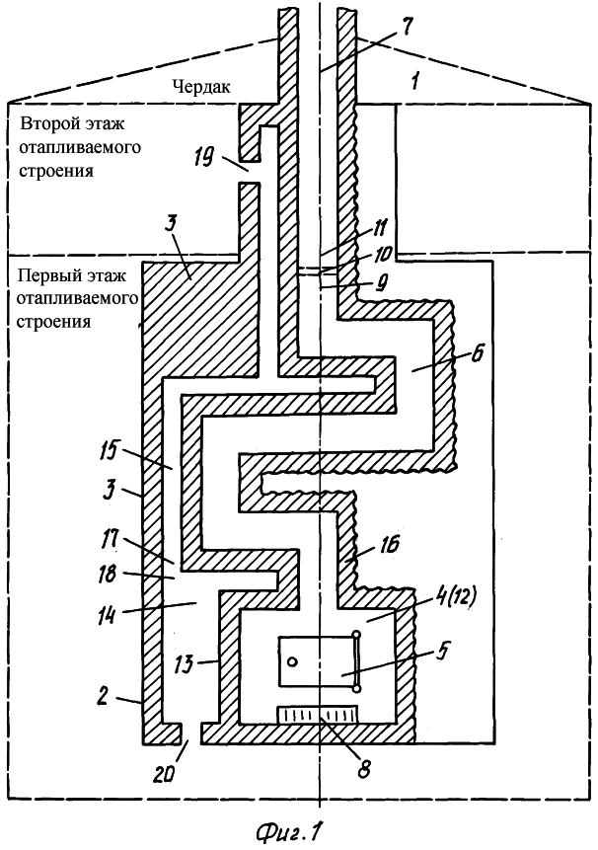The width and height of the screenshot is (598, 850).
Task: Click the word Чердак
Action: click(201, 86)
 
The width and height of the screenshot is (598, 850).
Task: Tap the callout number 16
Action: click(390, 544)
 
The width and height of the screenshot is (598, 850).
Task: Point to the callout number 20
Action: click(163, 775)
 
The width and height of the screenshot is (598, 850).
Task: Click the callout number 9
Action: click(381, 282)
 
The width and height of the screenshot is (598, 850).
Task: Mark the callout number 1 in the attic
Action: click(413, 80)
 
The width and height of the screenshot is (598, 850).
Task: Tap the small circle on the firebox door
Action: click(293, 661)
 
